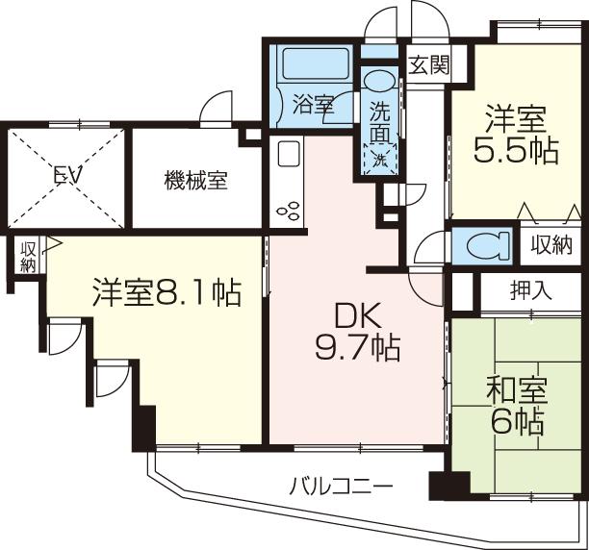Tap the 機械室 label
pyautogui.click(x=195, y=180)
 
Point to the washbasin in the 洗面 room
pyautogui.click(x=380, y=79)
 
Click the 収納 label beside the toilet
pyautogui.click(x=551, y=244)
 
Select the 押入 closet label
pyautogui.click(x=530, y=290)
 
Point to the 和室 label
pyautogui.click(x=516, y=390)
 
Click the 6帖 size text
pyautogui.click(x=516, y=421)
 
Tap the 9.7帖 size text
pyautogui.click(x=358, y=346)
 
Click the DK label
pyautogui.click(x=357, y=314)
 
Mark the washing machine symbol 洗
pyautogui.click(x=380, y=157)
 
